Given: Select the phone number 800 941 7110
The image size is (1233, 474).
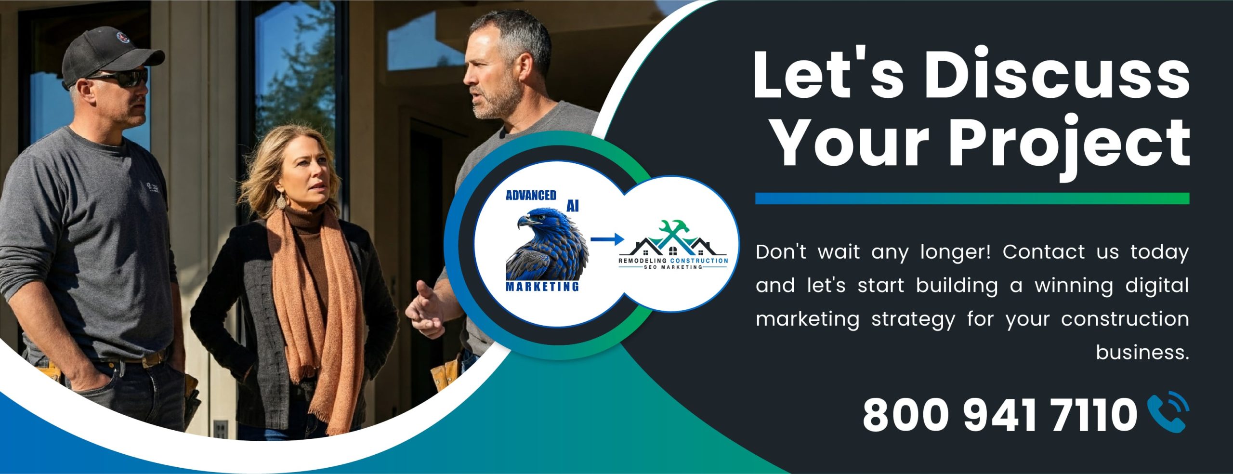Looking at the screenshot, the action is click(x=1000, y=415).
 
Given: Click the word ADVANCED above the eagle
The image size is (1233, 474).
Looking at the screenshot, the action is click(x=531, y=195).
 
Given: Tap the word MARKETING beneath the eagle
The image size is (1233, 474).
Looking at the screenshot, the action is click(x=542, y=287).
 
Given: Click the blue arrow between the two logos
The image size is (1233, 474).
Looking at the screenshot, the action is click(x=607, y=239).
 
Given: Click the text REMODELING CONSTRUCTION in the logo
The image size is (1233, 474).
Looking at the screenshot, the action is click(x=673, y=261).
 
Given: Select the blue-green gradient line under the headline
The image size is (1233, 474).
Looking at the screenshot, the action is click(x=972, y=198).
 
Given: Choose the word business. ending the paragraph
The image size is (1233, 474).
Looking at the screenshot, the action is click(x=1142, y=352).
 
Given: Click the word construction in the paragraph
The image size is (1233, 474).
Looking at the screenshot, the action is click(x=1125, y=319).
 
